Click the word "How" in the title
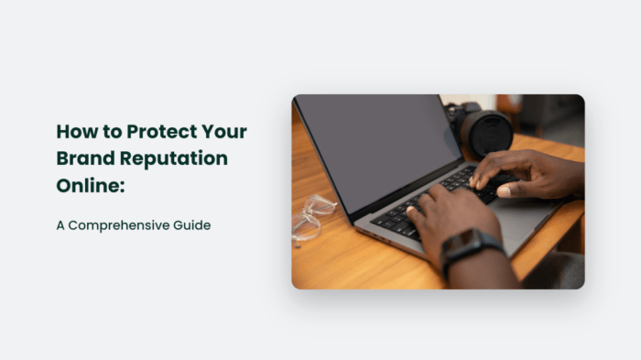click(74, 131)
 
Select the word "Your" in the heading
click(224, 131)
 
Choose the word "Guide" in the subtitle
click(190, 224)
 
